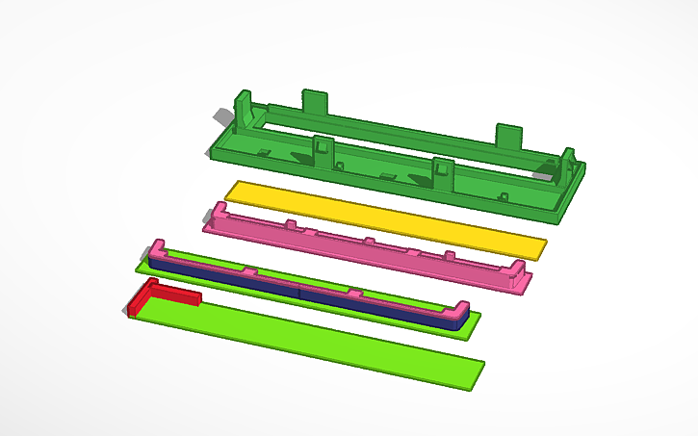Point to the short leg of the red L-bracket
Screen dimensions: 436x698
coord(136,303)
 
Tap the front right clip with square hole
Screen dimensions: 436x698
coord(442,170)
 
